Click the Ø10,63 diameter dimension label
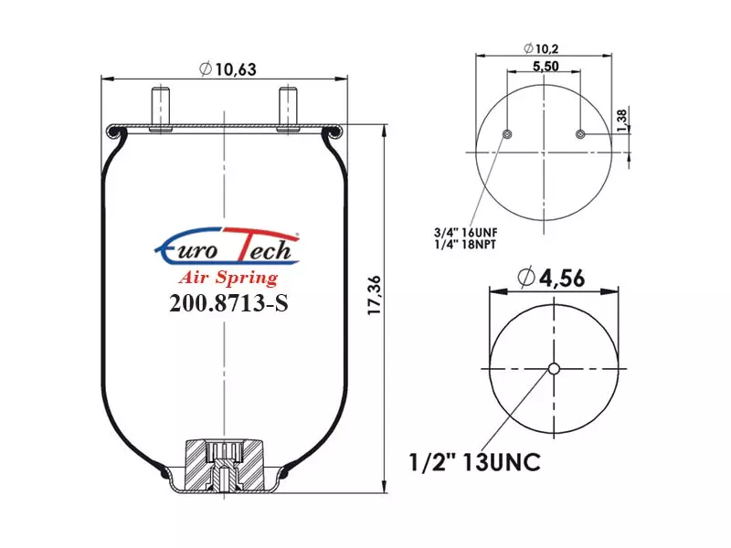pyautogui.click(x=228, y=69)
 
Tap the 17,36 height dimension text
pyautogui.click(x=375, y=295)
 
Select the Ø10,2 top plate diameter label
pyautogui.click(x=541, y=48)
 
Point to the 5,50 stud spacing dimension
pyautogui.click(x=546, y=66)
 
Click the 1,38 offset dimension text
pyautogui.click(x=622, y=121)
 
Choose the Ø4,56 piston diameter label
pyautogui.click(x=551, y=279)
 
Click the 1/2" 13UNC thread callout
pyautogui.click(x=474, y=462)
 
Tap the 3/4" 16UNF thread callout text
pyautogui.click(x=466, y=232)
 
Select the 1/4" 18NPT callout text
pyautogui.click(x=465, y=245)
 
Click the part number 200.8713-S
pyautogui.click(x=228, y=303)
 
